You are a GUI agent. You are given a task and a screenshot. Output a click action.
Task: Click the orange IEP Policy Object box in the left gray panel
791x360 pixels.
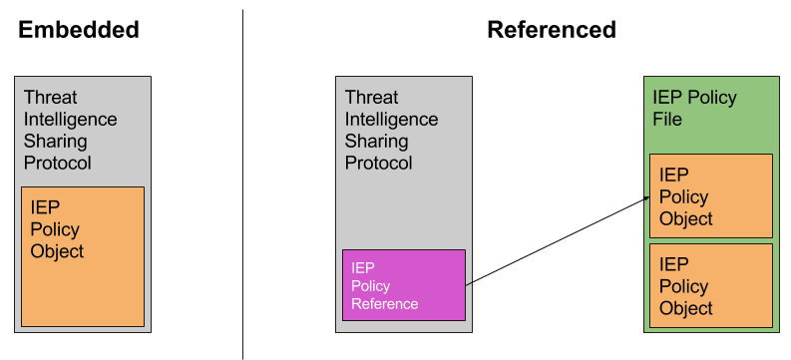coord(83,256)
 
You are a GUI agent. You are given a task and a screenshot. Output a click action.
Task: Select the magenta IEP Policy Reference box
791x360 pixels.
coord(404,284)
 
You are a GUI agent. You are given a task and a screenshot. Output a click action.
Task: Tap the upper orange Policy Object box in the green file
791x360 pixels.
coord(710,195)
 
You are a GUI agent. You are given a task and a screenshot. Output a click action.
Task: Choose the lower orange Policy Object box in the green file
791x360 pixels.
coord(710,285)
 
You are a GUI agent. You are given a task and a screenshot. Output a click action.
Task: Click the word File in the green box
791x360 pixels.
coord(667,119)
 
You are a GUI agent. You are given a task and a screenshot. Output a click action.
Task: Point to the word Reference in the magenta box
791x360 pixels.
coord(385,304)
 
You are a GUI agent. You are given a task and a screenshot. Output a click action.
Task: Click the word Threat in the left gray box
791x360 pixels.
coord(50,98)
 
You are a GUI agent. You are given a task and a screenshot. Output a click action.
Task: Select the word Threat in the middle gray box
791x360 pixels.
coord(371,98)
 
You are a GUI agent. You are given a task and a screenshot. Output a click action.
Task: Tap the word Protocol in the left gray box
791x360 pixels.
coord(57,163)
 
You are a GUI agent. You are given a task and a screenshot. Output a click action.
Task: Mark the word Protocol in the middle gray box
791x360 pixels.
coord(378,163)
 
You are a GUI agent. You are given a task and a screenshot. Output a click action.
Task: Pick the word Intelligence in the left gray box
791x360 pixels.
coord(70,120)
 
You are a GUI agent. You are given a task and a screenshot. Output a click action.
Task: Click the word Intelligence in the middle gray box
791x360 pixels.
coord(391,120)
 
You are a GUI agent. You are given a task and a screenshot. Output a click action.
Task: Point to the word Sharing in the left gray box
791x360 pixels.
coord(55,142)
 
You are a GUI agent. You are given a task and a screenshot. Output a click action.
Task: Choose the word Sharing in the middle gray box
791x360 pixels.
coord(376,142)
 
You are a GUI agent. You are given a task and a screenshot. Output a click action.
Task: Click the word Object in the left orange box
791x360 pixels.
coord(57,251)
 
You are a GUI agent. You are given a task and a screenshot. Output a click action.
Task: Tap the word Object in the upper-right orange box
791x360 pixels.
coord(686,218)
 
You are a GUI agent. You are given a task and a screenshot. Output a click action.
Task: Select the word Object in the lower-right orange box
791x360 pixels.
coord(686,308)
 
